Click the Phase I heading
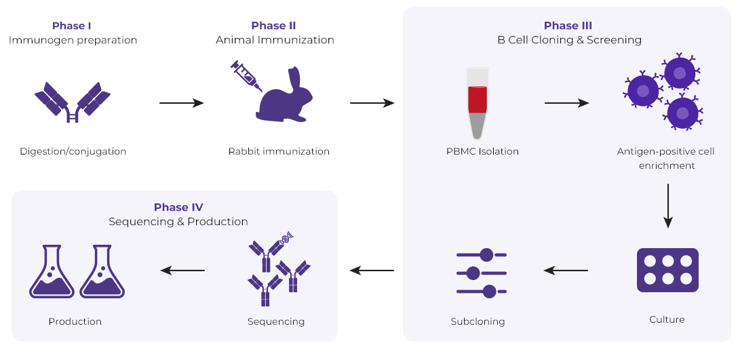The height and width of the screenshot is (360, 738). click(72, 26)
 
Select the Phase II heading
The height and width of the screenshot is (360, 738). click(273, 26)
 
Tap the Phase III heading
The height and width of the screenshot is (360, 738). click(568, 26)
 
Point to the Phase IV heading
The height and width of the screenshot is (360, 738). click(178, 207)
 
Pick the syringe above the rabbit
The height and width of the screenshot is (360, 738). click(246, 76)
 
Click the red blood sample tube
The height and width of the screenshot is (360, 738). click(478, 102)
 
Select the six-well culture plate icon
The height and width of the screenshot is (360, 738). click(667, 270)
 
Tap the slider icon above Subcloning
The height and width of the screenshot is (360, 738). click(482, 273)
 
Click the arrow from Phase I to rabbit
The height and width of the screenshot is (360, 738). click(181, 103)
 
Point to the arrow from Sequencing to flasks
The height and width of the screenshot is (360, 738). click(182, 271)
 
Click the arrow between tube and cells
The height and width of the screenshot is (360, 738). click(566, 103)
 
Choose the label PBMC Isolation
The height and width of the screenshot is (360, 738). click(478, 151)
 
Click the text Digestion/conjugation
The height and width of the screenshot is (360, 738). click(73, 151)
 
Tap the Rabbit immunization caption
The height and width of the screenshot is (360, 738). click(279, 151)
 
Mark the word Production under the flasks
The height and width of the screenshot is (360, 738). click(75, 321)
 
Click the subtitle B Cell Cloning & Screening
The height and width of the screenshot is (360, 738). click(569, 40)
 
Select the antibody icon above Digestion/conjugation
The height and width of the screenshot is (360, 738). click(73, 102)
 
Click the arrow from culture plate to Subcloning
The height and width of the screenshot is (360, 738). click(566, 271)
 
